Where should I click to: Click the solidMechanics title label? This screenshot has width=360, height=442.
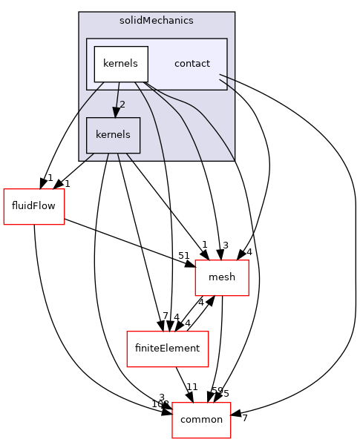point(157,20)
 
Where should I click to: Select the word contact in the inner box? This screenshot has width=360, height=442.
point(192,64)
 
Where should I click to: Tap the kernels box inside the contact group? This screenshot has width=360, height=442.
point(120,64)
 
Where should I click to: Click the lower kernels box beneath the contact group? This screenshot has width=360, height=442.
point(113,135)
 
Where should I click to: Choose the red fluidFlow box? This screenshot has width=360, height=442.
point(34,207)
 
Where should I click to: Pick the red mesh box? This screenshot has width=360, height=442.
point(221,277)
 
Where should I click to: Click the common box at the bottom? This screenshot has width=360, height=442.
point(201,419)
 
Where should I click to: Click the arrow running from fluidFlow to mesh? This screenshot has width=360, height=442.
point(126,241)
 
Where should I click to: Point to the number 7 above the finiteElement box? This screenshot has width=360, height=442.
point(166,317)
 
